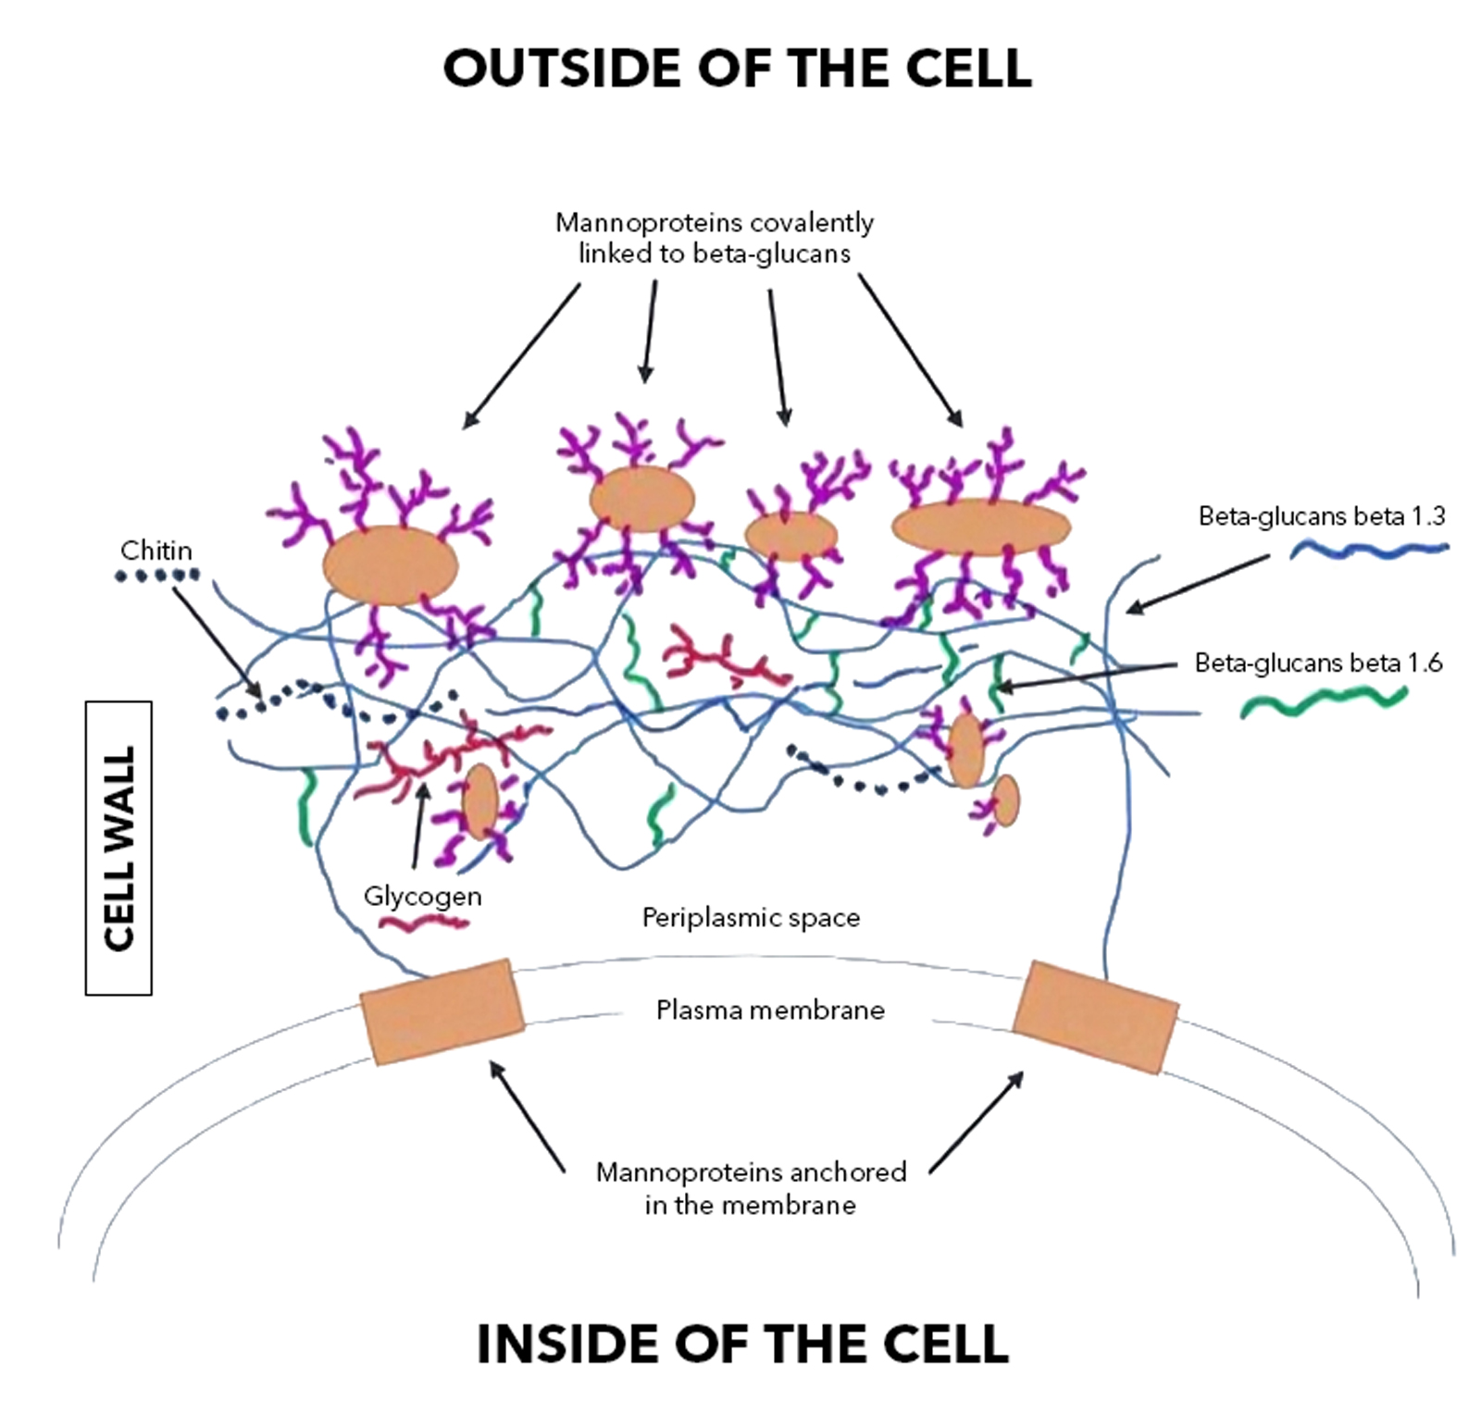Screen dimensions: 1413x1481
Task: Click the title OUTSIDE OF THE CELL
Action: pyautogui.click(x=737, y=68)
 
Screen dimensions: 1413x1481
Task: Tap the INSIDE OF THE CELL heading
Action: pyautogui.click(x=741, y=1344)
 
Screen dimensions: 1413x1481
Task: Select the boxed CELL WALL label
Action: pyautogui.click(x=118, y=848)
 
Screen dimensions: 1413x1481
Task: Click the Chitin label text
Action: pyautogui.click(x=156, y=551)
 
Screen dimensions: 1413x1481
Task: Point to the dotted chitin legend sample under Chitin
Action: pyautogui.click(x=156, y=576)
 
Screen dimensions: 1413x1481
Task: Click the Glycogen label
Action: pyautogui.click(x=422, y=896)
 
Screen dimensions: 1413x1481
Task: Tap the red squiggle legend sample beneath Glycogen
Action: pyautogui.click(x=426, y=923)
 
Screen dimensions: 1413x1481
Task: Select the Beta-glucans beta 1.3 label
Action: pyautogui.click(x=1321, y=516)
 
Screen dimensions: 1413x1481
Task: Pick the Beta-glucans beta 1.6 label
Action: pyautogui.click(x=1318, y=663)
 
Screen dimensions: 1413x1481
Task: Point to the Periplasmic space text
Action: pyautogui.click(x=751, y=918)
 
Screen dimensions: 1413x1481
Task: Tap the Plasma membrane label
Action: pyautogui.click(x=770, y=1010)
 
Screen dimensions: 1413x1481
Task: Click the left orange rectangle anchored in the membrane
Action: pyautogui.click(x=442, y=1011)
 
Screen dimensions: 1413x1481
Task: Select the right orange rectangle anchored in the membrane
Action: pyautogui.click(x=1095, y=1016)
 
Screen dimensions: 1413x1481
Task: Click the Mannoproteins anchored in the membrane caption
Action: pyautogui.click(x=751, y=1188)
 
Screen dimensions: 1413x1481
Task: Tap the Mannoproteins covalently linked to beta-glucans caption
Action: pyautogui.click(x=714, y=238)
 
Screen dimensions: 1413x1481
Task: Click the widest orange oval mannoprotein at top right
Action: pyautogui.click(x=980, y=527)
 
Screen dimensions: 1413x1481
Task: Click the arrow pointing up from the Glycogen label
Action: pyautogui.click(x=419, y=827)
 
